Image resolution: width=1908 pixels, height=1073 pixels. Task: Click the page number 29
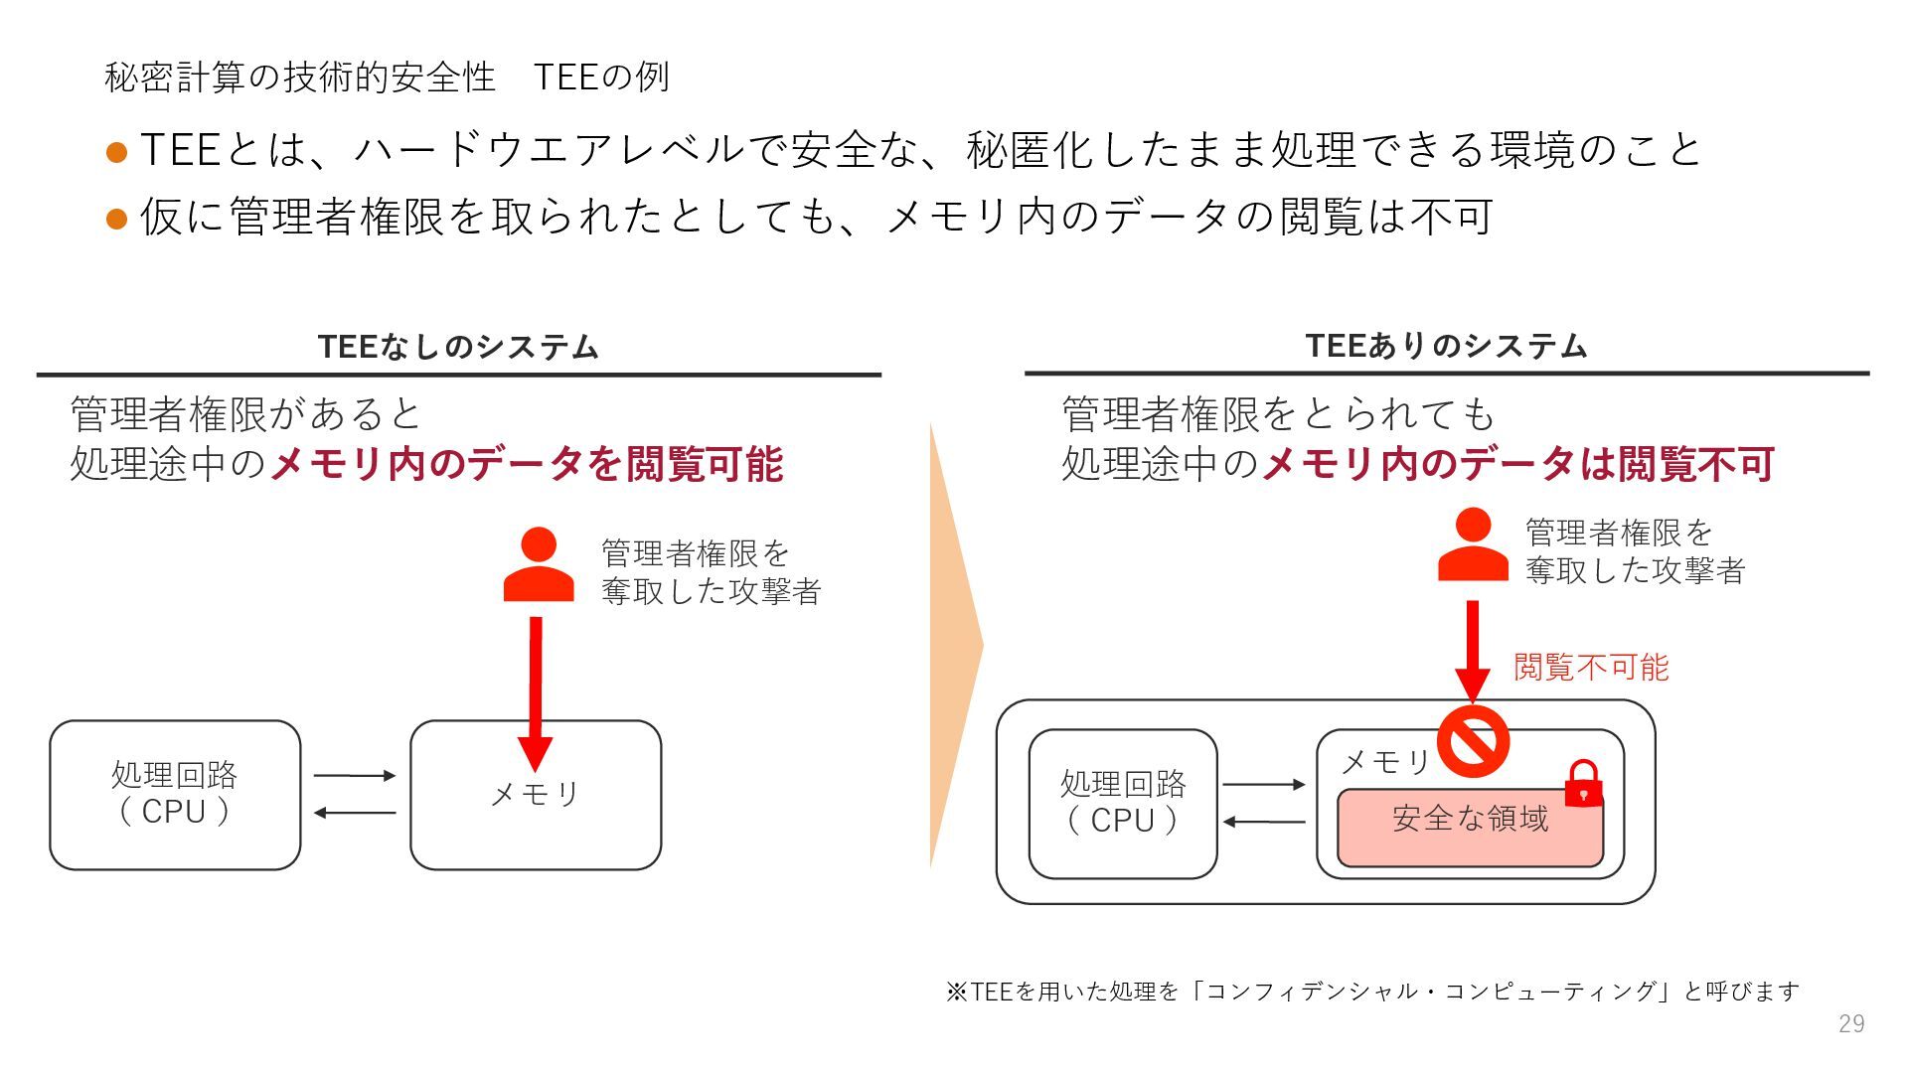(x=1850, y=1023)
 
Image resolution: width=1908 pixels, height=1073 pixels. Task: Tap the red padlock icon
(x=1582, y=784)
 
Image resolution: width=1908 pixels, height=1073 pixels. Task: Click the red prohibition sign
(x=1473, y=741)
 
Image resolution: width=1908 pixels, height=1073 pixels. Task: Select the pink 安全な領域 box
(x=1470, y=827)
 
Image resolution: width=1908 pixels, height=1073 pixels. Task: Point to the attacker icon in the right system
(x=1473, y=545)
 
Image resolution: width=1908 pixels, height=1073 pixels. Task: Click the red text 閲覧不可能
(x=1590, y=667)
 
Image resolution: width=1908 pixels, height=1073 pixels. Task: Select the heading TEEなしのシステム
(x=458, y=347)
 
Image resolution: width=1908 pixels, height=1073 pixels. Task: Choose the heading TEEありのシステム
(x=1446, y=346)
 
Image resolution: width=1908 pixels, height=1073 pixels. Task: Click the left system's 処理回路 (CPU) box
(x=175, y=795)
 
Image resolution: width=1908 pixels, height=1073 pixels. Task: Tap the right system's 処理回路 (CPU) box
(x=1123, y=804)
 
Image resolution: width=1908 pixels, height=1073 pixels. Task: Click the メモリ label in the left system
(x=536, y=794)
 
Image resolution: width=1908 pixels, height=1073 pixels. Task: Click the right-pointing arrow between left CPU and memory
(x=355, y=776)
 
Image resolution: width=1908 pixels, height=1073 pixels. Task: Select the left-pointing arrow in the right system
(x=1263, y=822)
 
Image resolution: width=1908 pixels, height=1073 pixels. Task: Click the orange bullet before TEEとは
(x=116, y=152)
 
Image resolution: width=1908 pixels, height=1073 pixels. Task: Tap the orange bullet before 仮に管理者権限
(x=116, y=219)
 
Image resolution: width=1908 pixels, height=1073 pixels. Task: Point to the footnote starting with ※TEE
(x=1371, y=991)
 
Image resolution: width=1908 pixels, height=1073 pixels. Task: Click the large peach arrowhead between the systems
(x=954, y=646)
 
